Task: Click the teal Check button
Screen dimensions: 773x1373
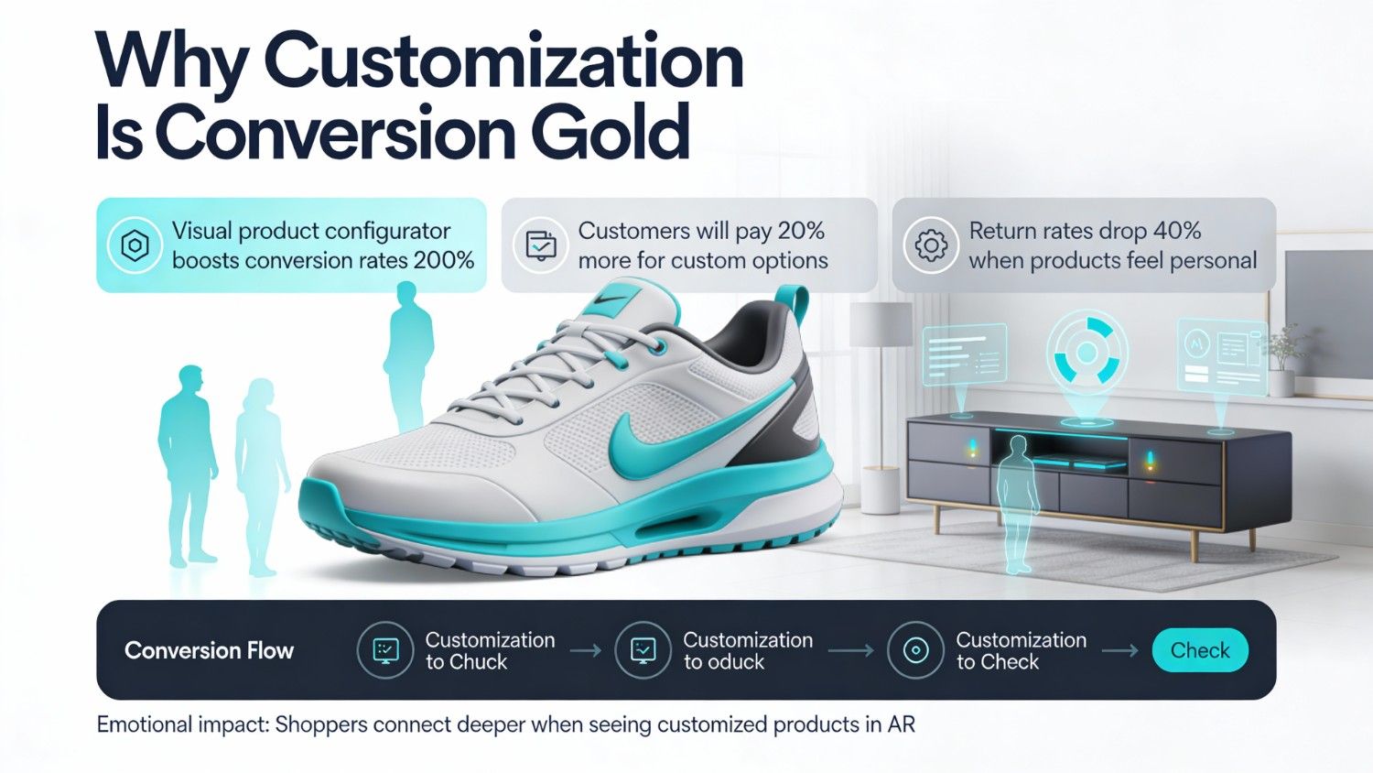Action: click(x=1200, y=650)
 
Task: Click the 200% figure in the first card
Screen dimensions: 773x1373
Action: click(x=444, y=260)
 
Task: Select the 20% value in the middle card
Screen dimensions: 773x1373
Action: click(x=800, y=231)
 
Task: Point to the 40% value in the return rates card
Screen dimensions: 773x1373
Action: click(x=1176, y=231)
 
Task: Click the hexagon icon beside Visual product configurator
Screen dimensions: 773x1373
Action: click(x=135, y=245)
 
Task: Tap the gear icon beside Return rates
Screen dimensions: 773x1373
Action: click(x=931, y=245)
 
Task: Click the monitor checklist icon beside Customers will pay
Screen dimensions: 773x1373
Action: click(x=540, y=245)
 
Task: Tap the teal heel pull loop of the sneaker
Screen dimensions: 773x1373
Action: click(x=792, y=307)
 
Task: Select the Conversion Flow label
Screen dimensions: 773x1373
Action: click(x=209, y=650)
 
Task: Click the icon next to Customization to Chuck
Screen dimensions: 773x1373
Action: click(x=385, y=650)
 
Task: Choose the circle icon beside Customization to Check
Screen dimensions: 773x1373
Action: click(x=915, y=650)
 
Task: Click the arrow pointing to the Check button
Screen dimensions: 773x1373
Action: click(x=1119, y=650)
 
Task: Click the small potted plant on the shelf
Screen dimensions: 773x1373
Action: click(x=1285, y=353)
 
